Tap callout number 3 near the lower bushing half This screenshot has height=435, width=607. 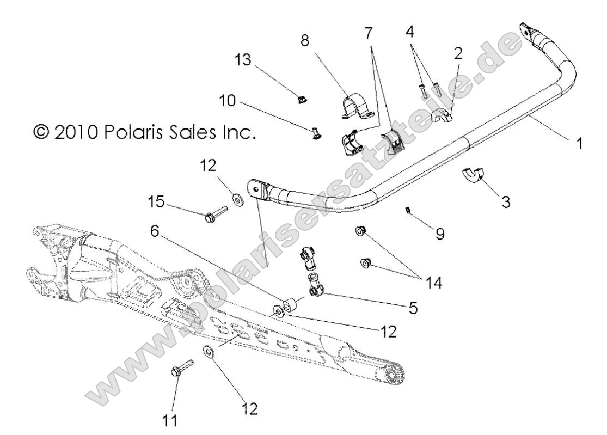click(x=506, y=203)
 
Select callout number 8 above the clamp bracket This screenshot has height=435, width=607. click(x=304, y=42)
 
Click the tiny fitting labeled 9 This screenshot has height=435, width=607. click(x=408, y=210)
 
